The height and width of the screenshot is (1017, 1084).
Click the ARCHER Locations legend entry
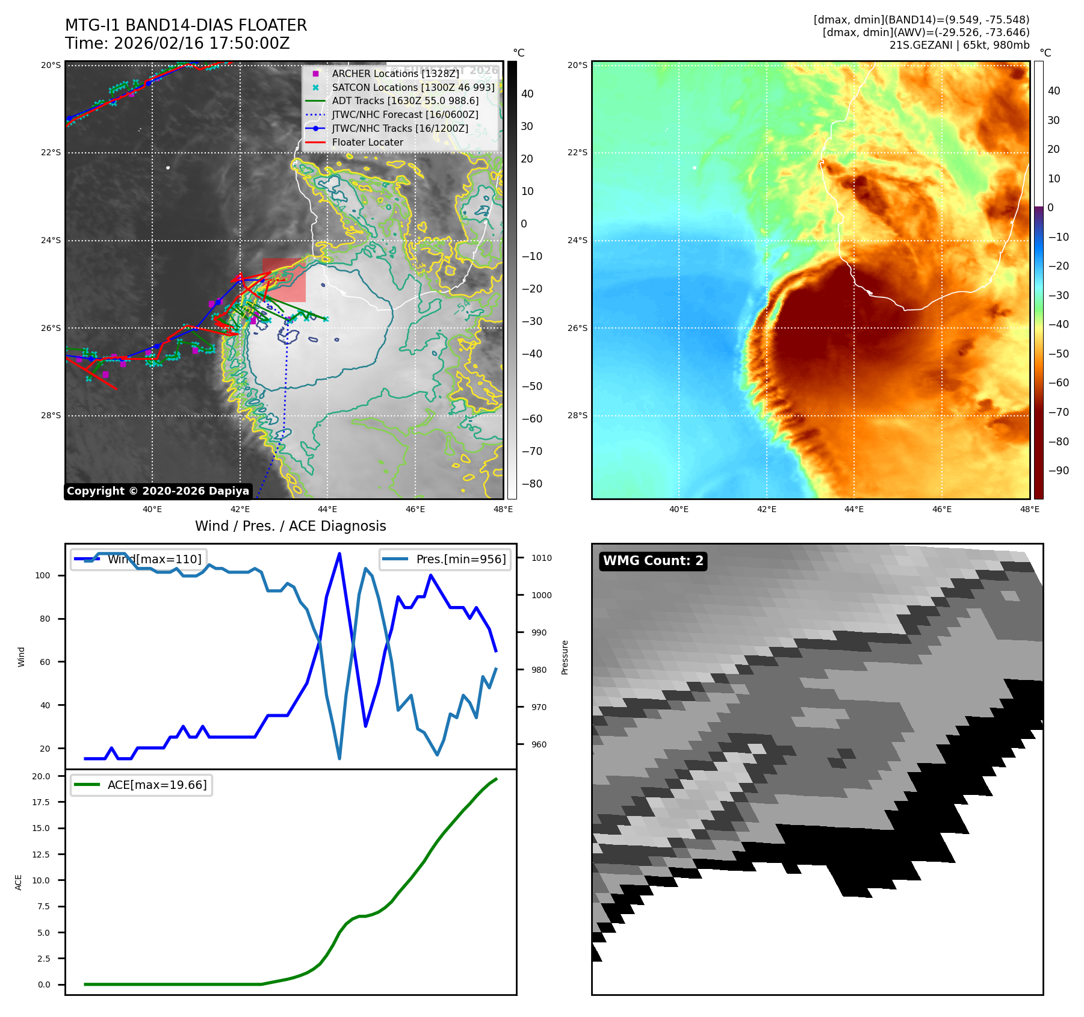coord(395,73)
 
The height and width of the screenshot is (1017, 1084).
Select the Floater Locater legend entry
coord(367,143)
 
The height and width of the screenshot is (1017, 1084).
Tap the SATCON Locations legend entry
coord(413,87)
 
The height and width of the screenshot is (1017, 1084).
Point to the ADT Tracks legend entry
coord(405,101)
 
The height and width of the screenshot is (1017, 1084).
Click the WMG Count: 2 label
coord(653,561)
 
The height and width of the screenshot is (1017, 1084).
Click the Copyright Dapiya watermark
coord(158,491)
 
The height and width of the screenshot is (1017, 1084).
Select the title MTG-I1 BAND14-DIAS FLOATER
coord(186,25)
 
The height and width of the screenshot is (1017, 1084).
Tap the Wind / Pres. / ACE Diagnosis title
coord(290,526)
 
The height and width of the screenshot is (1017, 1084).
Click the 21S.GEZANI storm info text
coord(959,45)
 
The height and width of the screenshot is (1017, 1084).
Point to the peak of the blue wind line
coord(339,554)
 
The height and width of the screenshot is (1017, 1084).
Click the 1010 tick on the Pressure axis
coord(541,558)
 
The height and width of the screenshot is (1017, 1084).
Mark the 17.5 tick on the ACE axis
coord(41,802)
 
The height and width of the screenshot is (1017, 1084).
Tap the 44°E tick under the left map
coord(327,509)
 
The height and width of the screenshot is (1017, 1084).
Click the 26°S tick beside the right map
coord(577,328)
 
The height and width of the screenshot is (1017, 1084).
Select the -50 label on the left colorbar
coord(531,386)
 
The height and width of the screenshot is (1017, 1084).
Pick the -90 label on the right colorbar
coord(1058,471)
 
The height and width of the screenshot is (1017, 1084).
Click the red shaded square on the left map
coord(284,280)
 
